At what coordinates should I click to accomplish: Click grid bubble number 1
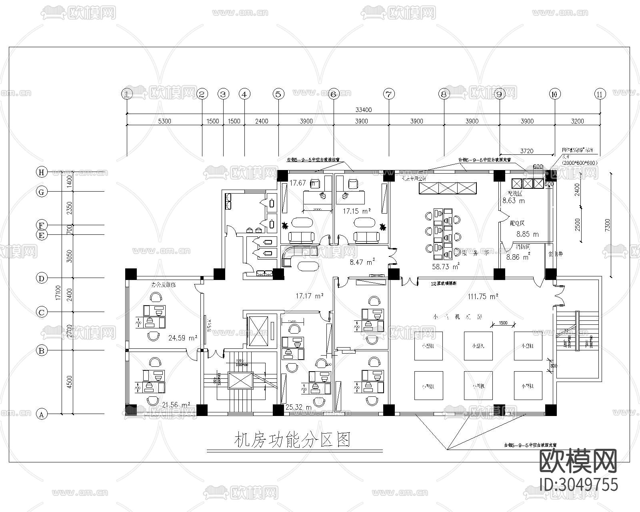click(x=127, y=94)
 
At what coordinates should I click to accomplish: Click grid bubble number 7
click(x=389, y=94)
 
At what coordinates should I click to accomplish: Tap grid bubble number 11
click(x=599, y=94)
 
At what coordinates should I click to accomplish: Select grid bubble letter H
click(x=41, y=172)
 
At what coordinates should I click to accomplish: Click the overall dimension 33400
click(x=363, y=110)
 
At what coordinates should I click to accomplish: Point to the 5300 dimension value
click(x=164, y=121)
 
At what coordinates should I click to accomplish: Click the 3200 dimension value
click(x=577, y=121)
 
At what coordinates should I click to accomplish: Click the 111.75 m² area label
click(x=483, y=296)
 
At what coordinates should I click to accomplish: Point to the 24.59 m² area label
click(x=183, y=338)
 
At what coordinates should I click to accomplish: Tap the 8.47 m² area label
click(x=362, y=262)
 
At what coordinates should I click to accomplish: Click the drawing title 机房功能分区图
click(x=292, y=440)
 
